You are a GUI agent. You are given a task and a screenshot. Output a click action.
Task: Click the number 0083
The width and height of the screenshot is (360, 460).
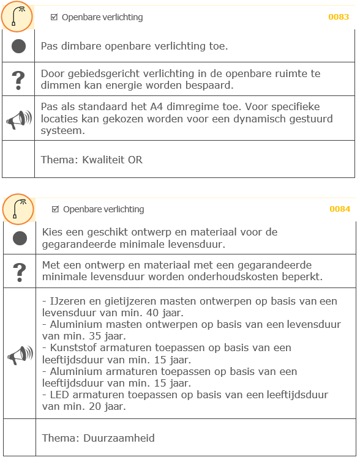pyautogui.click(x=339, y=17)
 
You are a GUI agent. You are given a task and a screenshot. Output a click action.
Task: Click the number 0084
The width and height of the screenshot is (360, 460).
pyautogui.click(x=340, y=209)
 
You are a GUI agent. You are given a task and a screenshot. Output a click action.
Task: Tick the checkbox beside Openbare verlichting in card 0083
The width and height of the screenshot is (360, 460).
pyautogui.click(x=54, y=17)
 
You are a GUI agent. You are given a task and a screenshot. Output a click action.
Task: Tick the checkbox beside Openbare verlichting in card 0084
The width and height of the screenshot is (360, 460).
pyautogui.click(x=56, y=209)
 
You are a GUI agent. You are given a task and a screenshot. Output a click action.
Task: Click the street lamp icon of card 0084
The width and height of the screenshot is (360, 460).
pyautogui.click(x=18, y=209)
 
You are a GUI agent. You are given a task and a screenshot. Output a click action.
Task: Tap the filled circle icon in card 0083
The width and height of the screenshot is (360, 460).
pyautogui.click(x=18, y=46)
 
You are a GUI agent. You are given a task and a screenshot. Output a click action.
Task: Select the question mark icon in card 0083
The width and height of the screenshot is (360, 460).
pyautogui.click(x=19, y=79)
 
